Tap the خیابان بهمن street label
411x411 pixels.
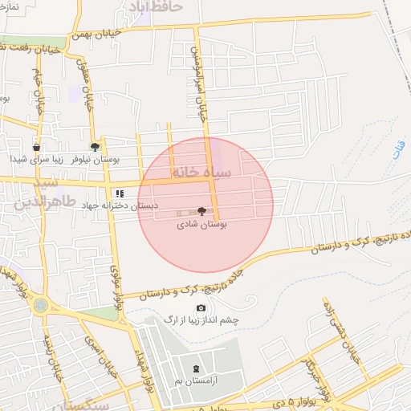point(118,32)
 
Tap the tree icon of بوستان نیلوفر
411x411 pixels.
point(96,146)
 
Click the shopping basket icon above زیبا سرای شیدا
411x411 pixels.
point(36,148)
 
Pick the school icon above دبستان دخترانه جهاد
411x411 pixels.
point(120,193)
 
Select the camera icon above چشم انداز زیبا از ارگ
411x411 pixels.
point(201,308)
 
